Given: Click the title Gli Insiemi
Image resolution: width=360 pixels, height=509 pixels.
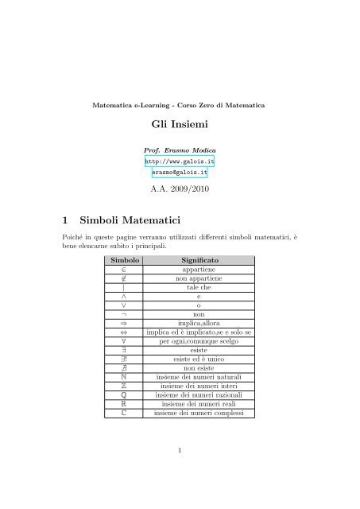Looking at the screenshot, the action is click(180, 125).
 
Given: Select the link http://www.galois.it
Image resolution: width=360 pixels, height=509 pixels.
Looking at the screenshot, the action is click(179, 160).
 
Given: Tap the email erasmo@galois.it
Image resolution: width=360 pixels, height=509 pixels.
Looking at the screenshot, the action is click(179, 172).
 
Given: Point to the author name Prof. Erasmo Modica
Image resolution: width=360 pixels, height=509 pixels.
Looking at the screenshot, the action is click(179, 149).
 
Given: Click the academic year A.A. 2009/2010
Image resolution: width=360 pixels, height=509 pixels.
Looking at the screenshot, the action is click(179, 188).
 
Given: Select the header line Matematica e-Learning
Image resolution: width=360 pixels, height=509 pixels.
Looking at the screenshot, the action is click(179, 105).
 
